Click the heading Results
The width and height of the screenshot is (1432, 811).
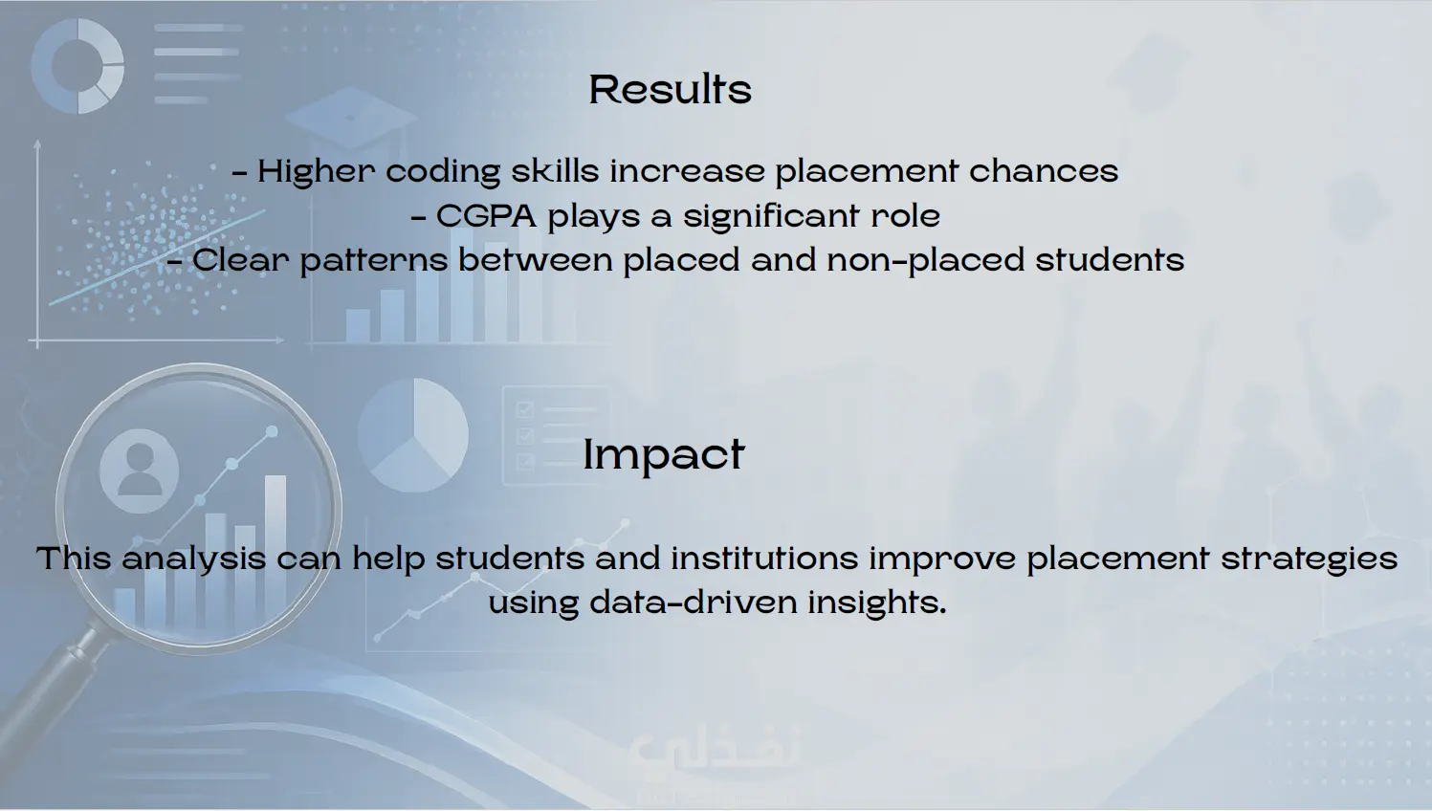pyautogui.click(x=670, y=89)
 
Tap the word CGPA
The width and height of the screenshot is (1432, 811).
pyautogui.click(x=487, y=216)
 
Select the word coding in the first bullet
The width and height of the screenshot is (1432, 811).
pyautogui.click(x=442, y=171)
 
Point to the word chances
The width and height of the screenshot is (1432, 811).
pyautogui.click(x=1044, y=170)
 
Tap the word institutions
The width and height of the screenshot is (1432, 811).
pyautogui.click(x=764, y=558)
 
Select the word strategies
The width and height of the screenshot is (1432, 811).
pyautogui.click(x=1310, y=559)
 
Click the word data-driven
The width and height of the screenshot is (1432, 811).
pyautogui.click(x=694, y=602)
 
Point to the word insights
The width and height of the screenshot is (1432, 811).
pyautogui.click(x=877, y=603)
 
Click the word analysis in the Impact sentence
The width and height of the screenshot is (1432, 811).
pyautogui.click(x=193, y=559)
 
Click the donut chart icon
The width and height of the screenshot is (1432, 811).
pyautogui.click(x=78, y=66)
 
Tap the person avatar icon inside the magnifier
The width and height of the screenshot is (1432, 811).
pyautogui.click(x=140, y=471)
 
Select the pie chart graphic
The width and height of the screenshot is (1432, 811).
pyautogui.click(x=413, y=434)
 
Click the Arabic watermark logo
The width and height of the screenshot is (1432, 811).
pyautogui.click(x=714, y=752)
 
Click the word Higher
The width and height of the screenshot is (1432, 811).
pyautogui.click(x=316, y=171)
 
